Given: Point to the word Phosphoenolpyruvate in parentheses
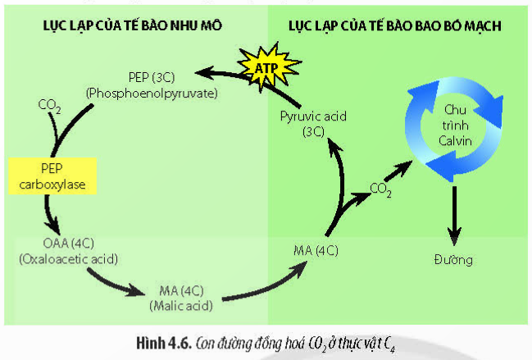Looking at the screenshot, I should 151,93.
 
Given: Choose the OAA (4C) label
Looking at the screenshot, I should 69,245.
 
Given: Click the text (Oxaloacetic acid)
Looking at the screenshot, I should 69,259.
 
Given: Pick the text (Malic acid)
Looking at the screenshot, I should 181,305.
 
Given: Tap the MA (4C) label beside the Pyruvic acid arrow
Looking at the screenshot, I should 316,248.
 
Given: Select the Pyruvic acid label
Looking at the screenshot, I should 313,116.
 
